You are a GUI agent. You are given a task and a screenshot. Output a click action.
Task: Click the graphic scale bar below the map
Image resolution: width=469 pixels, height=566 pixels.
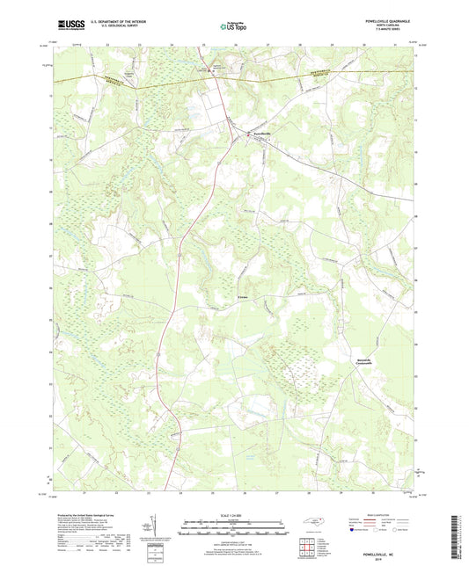234,527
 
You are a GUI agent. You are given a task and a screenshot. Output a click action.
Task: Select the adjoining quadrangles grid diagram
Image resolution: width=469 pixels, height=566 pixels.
306,546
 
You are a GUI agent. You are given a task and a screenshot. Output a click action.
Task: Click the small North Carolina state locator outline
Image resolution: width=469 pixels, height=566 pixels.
311,524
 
